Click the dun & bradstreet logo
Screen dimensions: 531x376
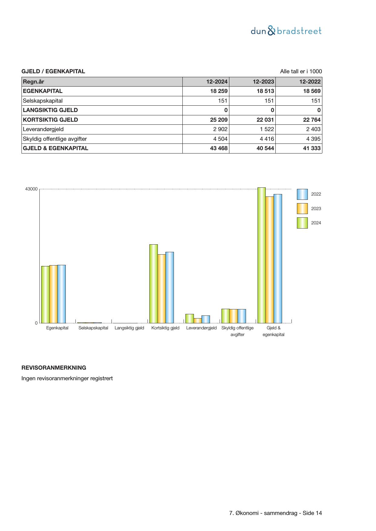coord(286,31)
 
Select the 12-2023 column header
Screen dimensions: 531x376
coord(263,82)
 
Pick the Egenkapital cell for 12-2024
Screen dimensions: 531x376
coord(218,91)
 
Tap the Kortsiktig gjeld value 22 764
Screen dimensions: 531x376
coord(311,120)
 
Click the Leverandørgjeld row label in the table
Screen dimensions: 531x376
coord(43,129)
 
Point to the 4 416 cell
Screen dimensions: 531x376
coord(267,139)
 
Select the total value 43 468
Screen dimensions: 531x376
coord(218,148)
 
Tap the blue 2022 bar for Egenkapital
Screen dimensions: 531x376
coord(62,294)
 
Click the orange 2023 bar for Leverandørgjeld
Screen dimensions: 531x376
coord(198,321)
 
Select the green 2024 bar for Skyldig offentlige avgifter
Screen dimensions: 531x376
coord(225,316)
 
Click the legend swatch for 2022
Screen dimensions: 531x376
coord(302,194)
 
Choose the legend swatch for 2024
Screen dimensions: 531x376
coord(302,223)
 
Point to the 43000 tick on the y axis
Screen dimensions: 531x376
coord(31,189)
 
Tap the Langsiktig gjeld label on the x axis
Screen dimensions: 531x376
coord(129,328)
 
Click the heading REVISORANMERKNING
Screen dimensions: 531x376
coord(54,368)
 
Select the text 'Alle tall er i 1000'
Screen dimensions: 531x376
coord(301,71)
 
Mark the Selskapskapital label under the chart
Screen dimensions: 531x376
coord(93,328)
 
